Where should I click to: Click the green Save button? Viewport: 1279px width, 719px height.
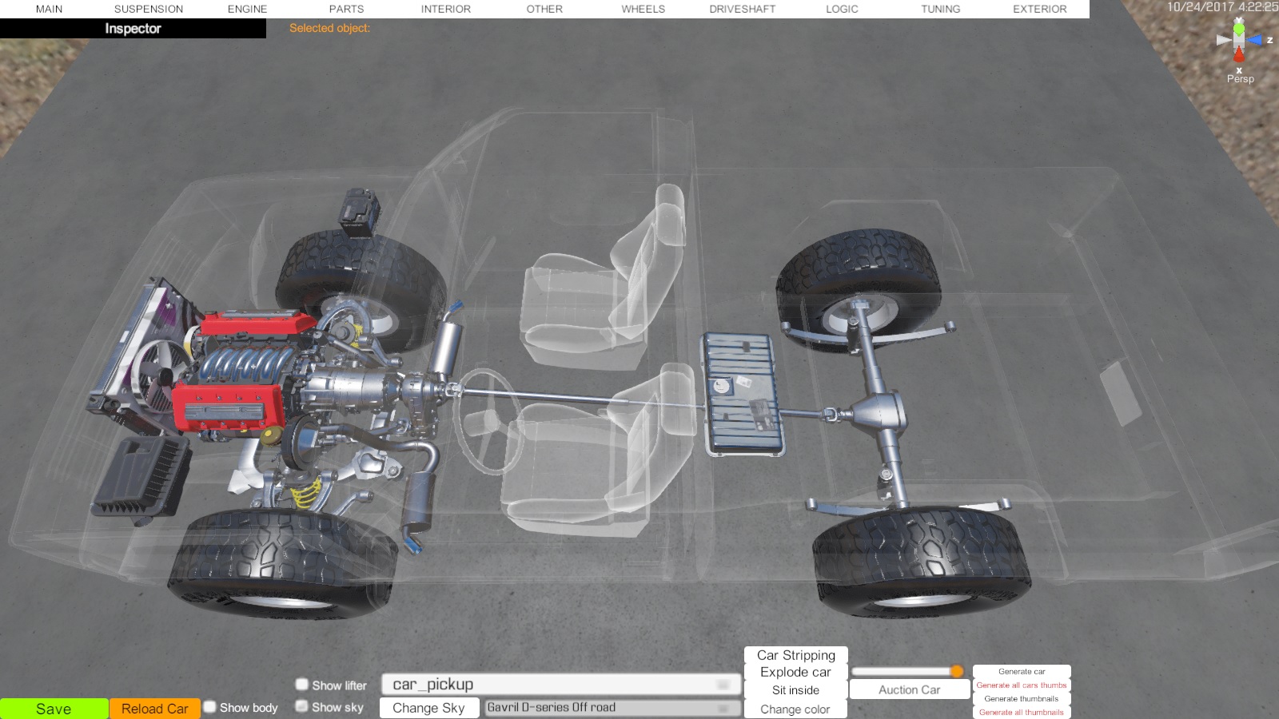click(54, 709)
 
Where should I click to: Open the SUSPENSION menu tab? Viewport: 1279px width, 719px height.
click(149, 9)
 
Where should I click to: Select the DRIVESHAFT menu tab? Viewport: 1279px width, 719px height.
click(743, 9)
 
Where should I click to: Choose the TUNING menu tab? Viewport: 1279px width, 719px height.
click(940, 9)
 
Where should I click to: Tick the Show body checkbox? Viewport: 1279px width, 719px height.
click(210, 707)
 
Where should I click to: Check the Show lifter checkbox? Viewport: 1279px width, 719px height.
click(301, 684)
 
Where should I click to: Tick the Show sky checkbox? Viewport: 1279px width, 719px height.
click(301, 706)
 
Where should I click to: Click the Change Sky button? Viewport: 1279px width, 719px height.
click(428, 708)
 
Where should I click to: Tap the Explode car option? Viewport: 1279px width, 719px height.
click(795, 672)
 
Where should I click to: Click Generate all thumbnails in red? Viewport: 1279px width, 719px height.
click(1022, 712)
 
